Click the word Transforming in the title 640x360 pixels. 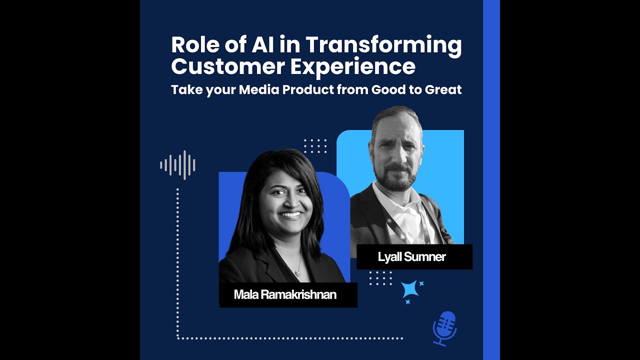(x=383, y=45)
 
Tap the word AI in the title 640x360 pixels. (x=259, y=45)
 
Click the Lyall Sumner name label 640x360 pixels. (x=411, y=257)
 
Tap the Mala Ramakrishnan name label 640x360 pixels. (x=285, y=294)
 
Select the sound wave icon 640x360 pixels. (x=177, y=165)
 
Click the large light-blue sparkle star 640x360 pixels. (x=410, y=289)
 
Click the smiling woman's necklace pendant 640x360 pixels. (x=298, y=273)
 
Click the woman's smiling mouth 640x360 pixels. (x=290, y=215)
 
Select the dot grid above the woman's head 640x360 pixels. (x=315, y=146)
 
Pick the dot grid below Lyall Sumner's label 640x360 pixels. (x=380, y=278)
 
